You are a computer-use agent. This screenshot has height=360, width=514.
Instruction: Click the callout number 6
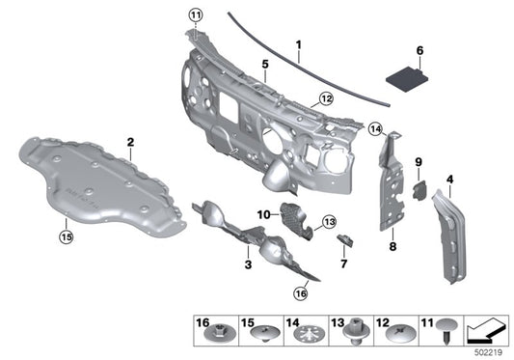419,49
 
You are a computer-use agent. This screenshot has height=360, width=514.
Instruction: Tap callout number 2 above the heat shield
130,143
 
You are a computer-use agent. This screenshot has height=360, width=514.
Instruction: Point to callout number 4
449,180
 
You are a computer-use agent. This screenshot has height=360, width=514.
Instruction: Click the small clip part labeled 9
419,188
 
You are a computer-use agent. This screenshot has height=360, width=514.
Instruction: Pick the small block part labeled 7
347,240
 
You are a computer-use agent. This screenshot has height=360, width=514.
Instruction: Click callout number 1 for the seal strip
299,44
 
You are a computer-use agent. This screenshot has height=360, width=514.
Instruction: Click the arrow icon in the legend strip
486,333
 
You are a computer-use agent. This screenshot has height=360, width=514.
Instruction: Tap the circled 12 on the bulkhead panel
325,98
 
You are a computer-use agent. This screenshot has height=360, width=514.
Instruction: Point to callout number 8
392,247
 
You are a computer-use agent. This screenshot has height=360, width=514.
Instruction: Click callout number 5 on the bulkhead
263,64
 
